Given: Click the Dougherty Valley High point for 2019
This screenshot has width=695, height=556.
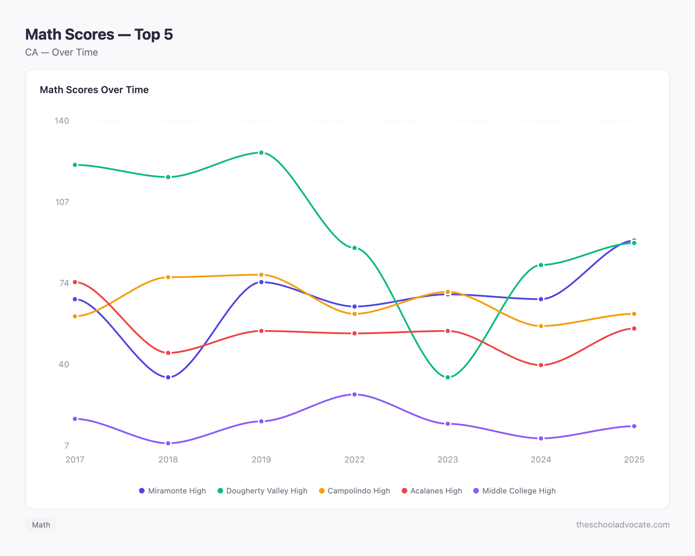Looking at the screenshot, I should point(261,153).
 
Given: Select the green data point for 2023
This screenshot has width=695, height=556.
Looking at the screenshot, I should point(448,377).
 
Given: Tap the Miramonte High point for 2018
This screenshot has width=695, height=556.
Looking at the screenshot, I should point(168,377).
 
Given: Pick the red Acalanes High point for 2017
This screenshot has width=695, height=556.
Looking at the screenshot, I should point(75,282).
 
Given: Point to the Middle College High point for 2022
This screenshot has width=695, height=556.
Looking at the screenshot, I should point(354,394).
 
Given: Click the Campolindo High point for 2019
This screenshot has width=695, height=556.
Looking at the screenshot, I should point(261,275).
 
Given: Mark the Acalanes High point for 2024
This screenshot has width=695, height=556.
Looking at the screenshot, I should point(541,365).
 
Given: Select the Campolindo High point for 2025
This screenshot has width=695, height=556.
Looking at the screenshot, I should point(634,314).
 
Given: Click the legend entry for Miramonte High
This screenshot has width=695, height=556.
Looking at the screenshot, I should point(172,491).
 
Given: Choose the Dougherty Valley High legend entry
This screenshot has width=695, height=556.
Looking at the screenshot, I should point(262,491).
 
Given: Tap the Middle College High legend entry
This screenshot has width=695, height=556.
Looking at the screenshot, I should point(515,491).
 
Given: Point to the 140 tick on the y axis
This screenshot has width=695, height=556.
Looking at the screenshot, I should point(62,121).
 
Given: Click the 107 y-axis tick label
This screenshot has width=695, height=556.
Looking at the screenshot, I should point(62,202).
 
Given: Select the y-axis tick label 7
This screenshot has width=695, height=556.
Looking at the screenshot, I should point(66,445).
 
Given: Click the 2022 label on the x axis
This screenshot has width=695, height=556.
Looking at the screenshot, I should point(354,459).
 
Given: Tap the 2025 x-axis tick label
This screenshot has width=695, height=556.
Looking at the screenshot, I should point(634,459).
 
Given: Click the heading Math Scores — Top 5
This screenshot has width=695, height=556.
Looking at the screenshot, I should point(99,34).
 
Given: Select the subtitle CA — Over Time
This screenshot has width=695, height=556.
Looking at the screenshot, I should point(62,52).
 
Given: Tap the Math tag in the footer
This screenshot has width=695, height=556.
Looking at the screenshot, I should point(41,525).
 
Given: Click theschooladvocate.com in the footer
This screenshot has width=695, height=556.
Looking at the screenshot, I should point(623,525).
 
